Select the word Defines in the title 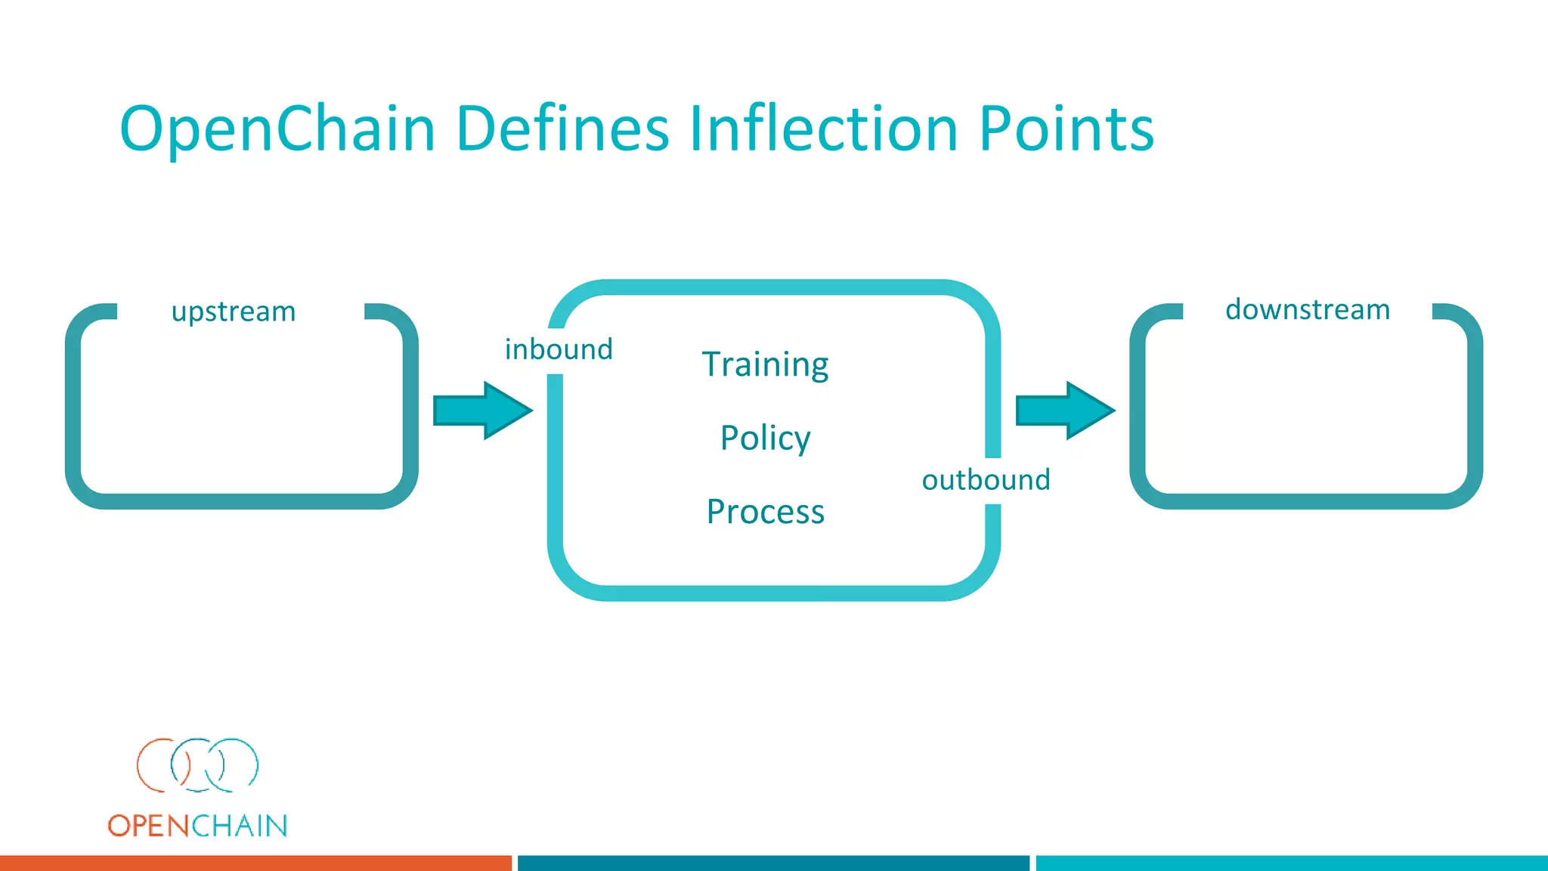[x=562, y=129]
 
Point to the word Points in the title [x=1066, y=129]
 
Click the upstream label [x=234, y=312]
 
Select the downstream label [x=1308, y=310]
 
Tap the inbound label [x=559, y=349]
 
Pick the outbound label [x=986, y=480]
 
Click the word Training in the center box [x=765, y=365]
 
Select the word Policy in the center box [x=765, y=439]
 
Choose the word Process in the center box [x=765, y=512]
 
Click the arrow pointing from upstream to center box [x=482, y=411]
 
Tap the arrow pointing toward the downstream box [x=1064, y=411]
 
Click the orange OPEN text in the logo [x=147, y=826]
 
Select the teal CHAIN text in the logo [x=239, y=826]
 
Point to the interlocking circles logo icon [x=197, y=765]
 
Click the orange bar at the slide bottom [x=255, y=863]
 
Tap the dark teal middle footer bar [x=773, y=863]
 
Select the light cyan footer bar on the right [x=1291, y=863]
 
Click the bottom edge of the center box [x=773, y=593]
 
